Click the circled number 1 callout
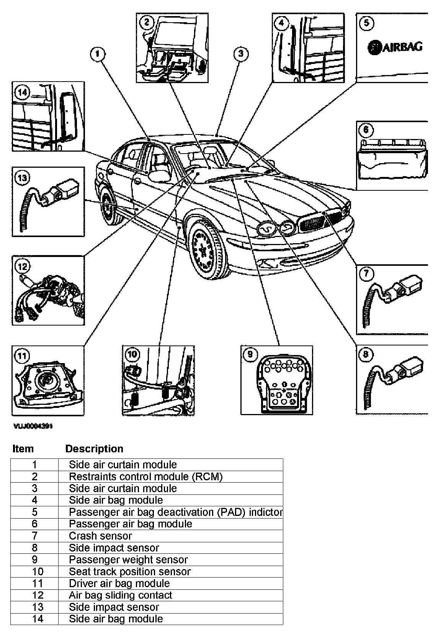point(97,54)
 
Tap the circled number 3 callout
point(240,54)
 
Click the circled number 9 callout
point(250,354)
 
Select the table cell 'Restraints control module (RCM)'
point(145,476)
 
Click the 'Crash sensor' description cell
point(100,536)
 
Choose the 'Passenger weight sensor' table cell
point(128,560)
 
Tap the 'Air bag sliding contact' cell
point(120,595)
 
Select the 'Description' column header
point(94,448)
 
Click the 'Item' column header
point(23,448)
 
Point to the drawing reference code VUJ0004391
point(33,426)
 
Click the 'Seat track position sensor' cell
point(129,571)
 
